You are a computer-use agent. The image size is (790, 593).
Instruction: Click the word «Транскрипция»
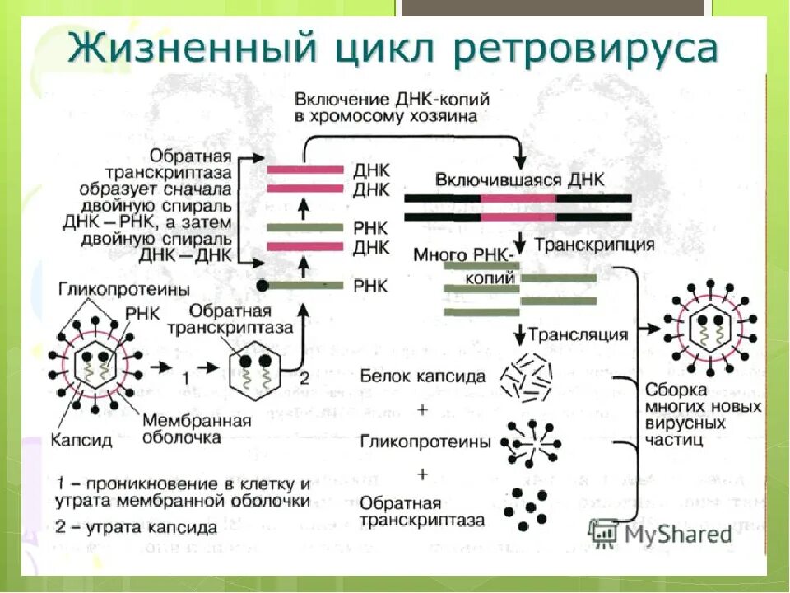point(594,245)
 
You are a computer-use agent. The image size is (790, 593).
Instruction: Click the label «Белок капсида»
point(422,377)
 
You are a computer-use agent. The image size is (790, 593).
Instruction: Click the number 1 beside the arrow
point(186,377)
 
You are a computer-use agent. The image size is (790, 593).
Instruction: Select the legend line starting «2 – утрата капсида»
point(137,525)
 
